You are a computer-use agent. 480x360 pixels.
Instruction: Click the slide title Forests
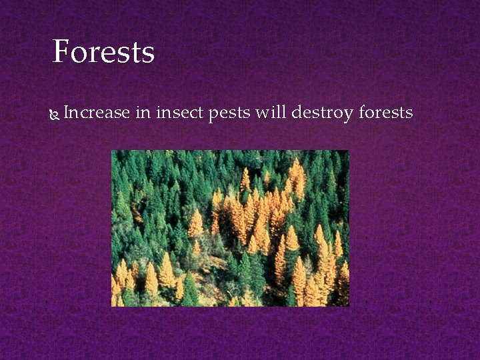(x=103, y=52)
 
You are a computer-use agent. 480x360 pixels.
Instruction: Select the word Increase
(x=96, y=113)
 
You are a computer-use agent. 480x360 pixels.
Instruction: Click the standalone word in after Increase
(x=143, y=113)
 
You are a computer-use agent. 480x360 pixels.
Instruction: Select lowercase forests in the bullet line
(x=386, y=113)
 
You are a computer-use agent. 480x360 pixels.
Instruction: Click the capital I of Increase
(x=67, y=113)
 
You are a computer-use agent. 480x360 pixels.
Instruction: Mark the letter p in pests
(x=213, y=115)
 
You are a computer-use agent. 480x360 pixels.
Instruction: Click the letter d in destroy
(x=296, y=113)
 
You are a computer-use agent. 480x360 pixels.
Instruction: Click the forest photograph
(x=230, y=228)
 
